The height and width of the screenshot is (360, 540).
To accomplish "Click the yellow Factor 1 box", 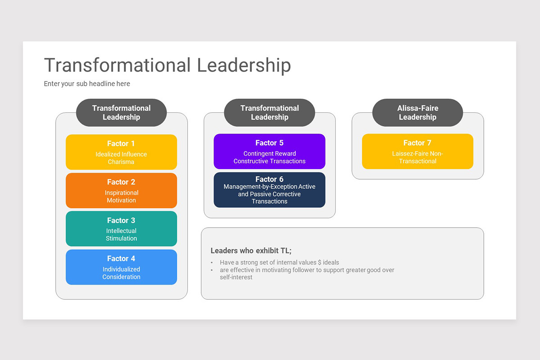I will click(121, 152).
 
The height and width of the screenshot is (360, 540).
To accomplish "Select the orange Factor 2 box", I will click(121, 190).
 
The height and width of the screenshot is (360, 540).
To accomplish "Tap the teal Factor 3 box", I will click(121, 229).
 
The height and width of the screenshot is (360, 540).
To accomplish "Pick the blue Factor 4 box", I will click(121, 267).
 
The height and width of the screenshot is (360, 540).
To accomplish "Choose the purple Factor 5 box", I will click(269, 151).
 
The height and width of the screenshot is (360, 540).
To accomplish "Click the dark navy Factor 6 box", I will click(269, 190).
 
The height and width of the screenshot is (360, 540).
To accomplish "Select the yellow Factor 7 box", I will click(417, 151).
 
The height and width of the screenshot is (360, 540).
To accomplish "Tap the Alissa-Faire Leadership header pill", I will click(417, 112).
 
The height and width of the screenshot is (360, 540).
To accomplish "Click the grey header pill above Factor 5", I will click(269, 112).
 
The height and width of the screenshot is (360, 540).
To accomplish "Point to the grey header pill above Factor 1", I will click(121, 112).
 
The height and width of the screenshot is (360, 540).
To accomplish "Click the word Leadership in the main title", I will click(244, 65).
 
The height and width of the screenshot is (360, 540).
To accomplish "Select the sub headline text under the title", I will click(87, 84).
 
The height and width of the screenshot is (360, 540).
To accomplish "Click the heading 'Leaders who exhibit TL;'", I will click(251, 251).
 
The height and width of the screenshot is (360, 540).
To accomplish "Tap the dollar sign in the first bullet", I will click(319, 262).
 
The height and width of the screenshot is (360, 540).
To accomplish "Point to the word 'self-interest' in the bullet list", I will click(236, 277).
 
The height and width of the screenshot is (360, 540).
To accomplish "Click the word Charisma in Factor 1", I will click(121, 162).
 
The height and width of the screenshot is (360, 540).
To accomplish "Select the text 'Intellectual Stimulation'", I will click(121, 234).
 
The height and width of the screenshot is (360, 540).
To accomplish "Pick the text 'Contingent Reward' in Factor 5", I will click(269, 153).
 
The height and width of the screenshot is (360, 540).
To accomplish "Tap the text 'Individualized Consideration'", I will click(121, 273).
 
